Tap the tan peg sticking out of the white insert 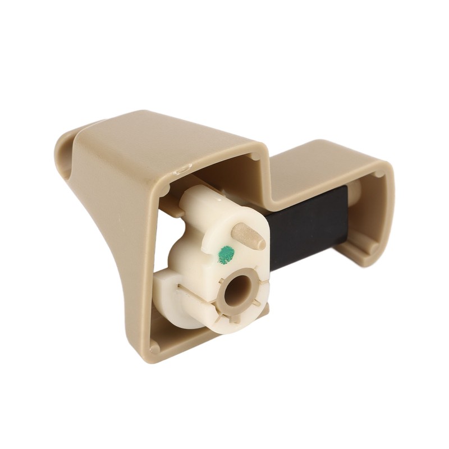[249, 236]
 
